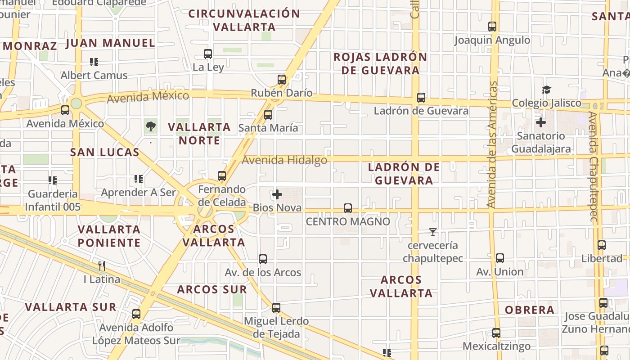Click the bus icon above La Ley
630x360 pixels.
click(x=208, y=54)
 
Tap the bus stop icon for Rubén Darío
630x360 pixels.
click(x=282, y=80)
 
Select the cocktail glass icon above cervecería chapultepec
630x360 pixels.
click(x=433, y=232)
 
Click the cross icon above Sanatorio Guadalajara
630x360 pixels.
click(x=541, y=122)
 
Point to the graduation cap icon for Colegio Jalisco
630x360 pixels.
click(x=546, y=90)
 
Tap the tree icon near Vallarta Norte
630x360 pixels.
click(x=151, y=126)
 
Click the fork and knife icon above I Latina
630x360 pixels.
click(x=102, y=266)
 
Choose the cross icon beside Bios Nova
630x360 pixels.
click(x=277, y=194)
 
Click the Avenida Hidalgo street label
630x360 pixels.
click(x=284, y=160)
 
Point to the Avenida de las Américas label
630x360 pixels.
click(x=492, y=144)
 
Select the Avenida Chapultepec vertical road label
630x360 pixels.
click(x=594, y=166)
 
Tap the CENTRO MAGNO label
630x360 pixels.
click(x=348, y=221)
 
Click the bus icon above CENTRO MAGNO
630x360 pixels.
click(x=348, y=208)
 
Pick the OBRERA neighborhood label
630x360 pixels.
click(x=530, y=310)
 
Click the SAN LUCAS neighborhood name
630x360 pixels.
click(x=105, y=152)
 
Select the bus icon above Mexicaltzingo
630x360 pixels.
click(x=496, y=333)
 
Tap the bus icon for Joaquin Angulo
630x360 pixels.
click(x=492, y=27)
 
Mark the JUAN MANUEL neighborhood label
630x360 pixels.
click(x=110, y=43)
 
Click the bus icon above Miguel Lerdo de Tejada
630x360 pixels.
click(x=276, y=308)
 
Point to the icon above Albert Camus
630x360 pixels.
click(x=94, y=62)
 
